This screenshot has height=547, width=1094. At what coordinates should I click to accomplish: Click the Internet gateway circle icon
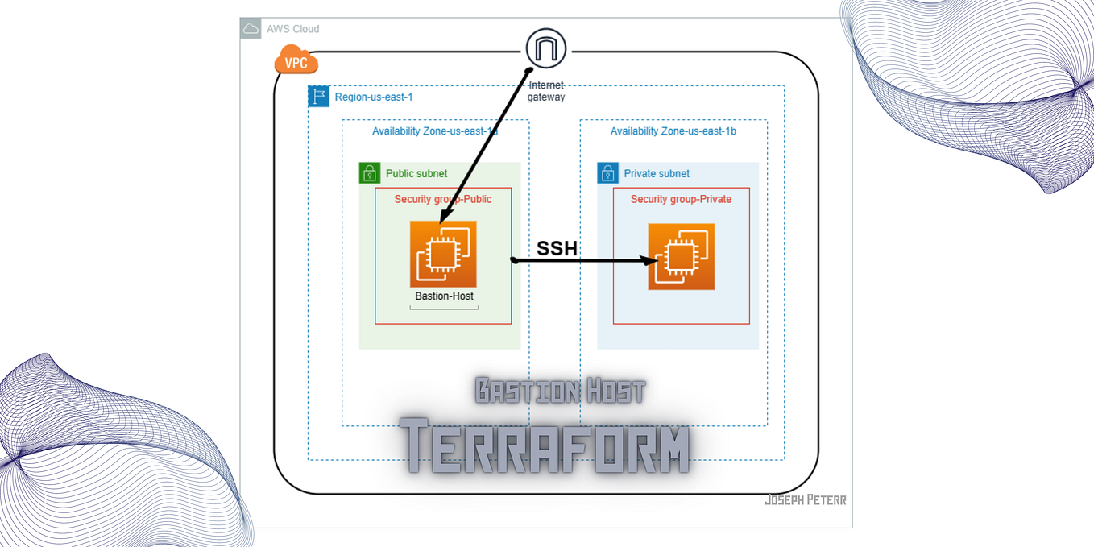click(x=545, y=48)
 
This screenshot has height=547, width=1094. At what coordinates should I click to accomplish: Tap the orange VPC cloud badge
click(x=296, y=60)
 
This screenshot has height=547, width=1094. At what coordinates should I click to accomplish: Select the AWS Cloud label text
click(x=293, y=29)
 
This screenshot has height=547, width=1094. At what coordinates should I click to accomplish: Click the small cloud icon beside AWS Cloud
click(x=251, y=29)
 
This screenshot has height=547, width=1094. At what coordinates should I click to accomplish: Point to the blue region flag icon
click(x=319, y=97)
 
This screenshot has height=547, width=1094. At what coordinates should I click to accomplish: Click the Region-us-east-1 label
click(x=374, y=97)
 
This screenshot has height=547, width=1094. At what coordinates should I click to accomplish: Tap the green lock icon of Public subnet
click(x=370, y=173)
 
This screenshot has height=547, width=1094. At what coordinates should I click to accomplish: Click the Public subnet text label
click(x=416, y=173)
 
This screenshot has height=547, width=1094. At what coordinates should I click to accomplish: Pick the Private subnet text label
click(x=657, y=173)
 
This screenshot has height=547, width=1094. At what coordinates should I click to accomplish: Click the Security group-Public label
click(x=442, y=199)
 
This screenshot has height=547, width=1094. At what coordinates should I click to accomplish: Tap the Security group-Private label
click(x=681, y=199)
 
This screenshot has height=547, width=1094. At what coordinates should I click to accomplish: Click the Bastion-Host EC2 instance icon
click(x=443, y=254)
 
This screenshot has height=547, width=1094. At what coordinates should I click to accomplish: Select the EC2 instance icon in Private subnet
click(x=682, y=257)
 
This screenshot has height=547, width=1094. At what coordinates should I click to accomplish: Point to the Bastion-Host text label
click(x=444, y=296)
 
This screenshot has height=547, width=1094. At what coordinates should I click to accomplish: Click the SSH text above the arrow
click(x=557, y=248)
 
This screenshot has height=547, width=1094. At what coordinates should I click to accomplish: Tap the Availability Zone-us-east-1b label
click(x=673, y=131)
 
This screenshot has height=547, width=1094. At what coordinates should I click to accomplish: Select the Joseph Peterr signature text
click(x=805, y=500)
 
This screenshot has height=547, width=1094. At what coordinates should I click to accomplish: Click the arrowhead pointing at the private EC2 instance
click(x=649, y=260)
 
